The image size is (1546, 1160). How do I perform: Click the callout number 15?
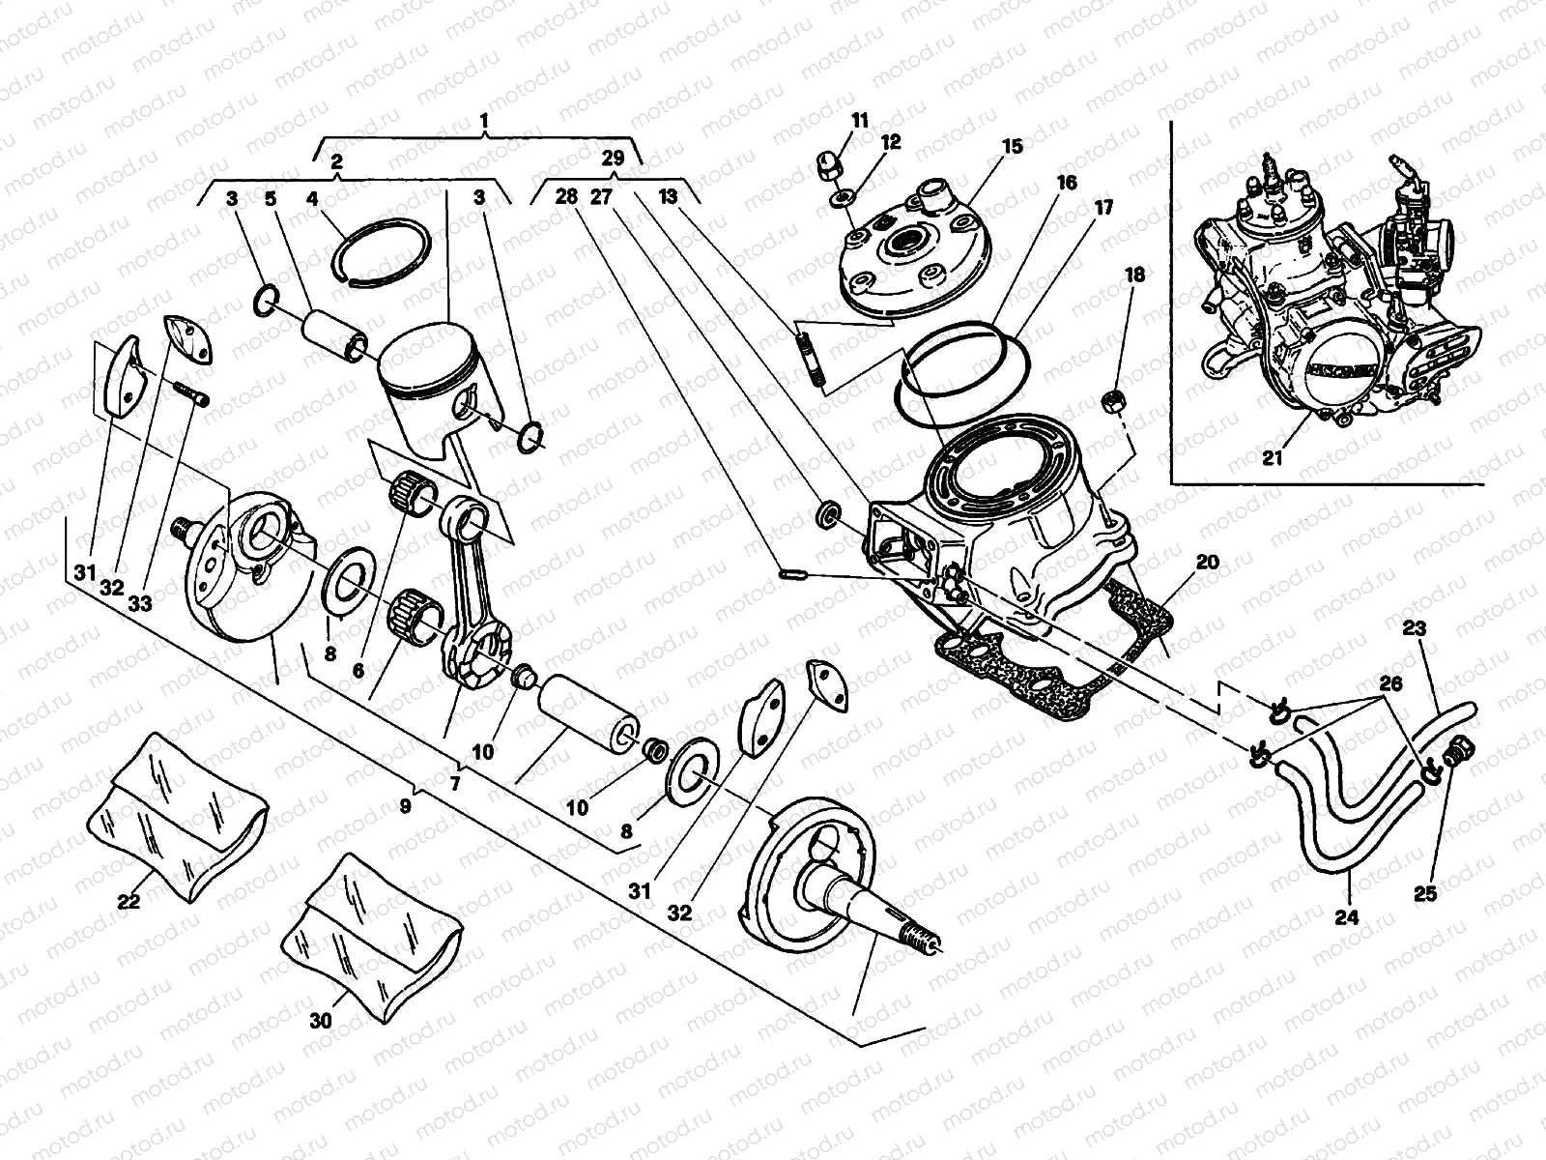click(x=1012, y=147)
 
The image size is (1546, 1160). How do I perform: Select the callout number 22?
click(x=129, y=901)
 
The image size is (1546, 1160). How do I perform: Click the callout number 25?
click(x=1425, y=894)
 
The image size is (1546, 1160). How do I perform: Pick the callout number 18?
click(x=1134, y=275)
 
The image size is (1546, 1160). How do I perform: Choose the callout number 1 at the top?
click(x=485, y=123)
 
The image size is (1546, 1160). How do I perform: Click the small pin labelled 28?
click(x=791, y=576)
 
